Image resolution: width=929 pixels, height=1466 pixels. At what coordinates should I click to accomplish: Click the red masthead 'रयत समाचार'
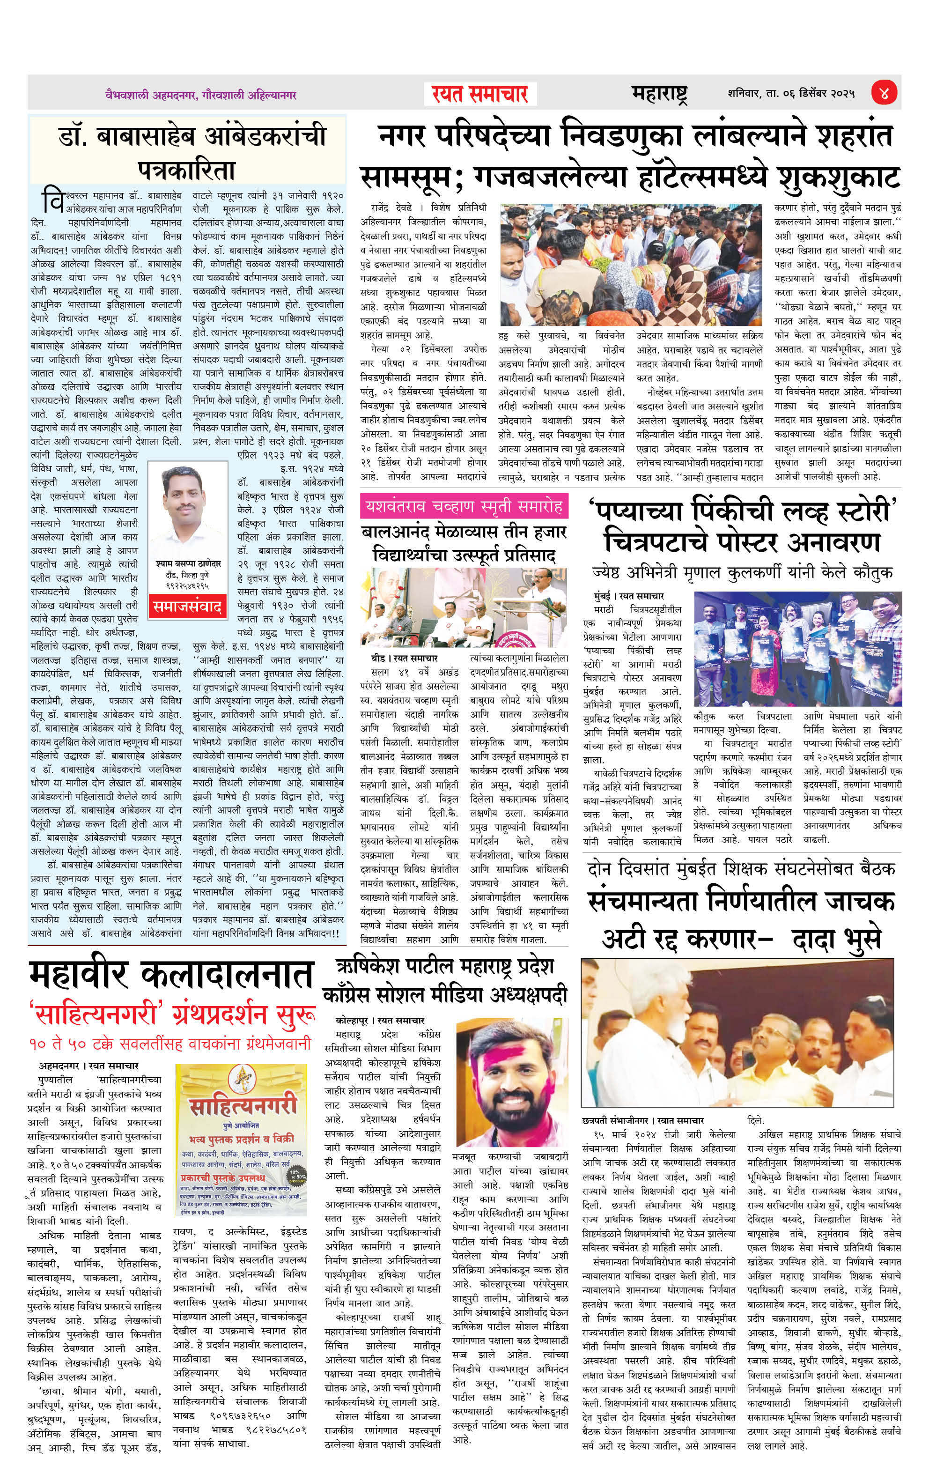tap(479, 94)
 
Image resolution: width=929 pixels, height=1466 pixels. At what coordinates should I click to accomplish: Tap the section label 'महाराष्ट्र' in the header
tap(659, 94)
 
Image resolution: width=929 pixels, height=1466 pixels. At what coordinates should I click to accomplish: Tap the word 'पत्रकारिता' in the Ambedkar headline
tap(186, 169)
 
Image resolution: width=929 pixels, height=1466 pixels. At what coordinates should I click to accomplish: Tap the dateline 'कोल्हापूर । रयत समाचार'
tap(380, 1020)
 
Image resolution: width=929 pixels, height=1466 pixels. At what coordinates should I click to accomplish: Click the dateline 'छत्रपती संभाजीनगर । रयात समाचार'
tap(643, 1120)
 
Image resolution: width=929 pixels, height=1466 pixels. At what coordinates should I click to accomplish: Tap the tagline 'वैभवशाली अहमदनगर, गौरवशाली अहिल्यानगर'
tap(200, 95)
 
